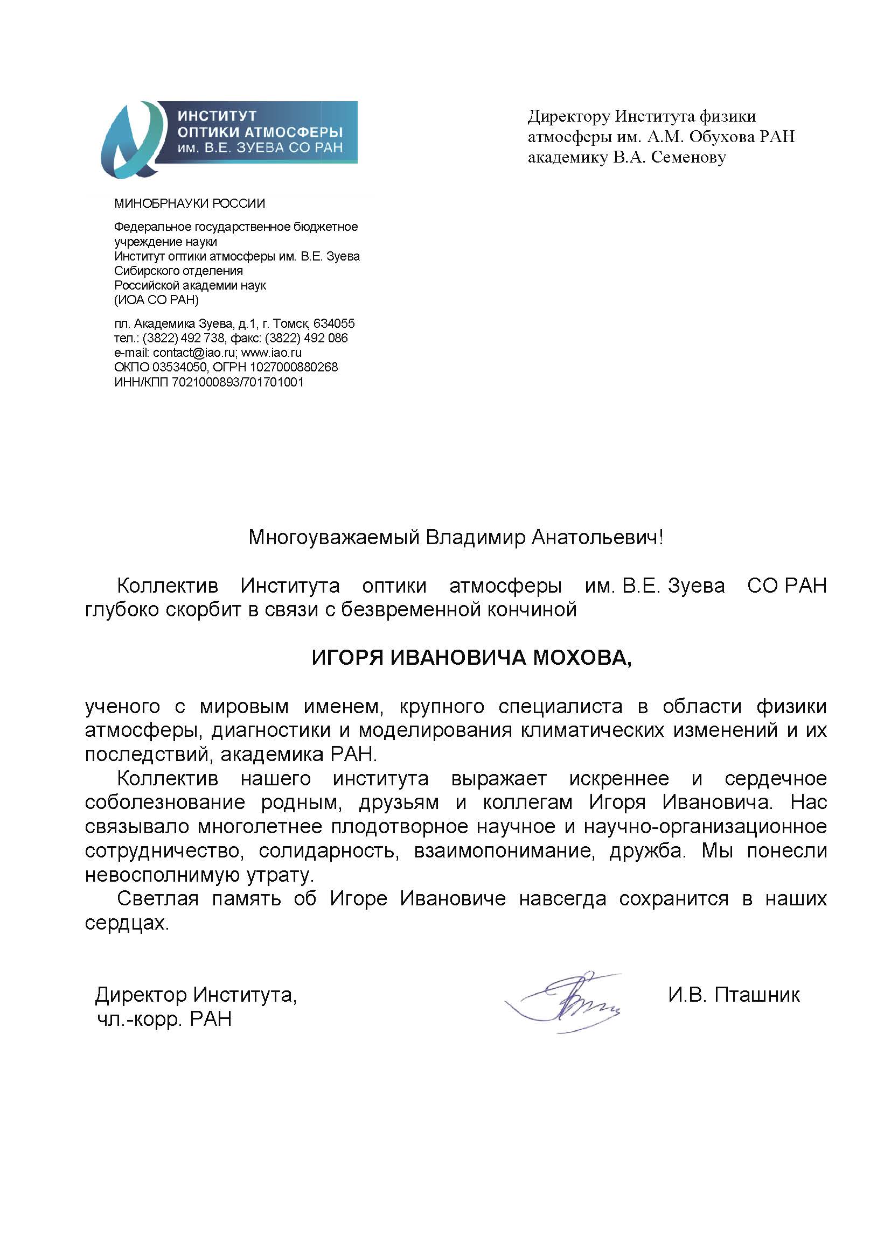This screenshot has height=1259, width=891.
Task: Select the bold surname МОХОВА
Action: pos(582,657)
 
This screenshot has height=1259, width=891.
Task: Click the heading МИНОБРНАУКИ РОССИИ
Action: pos(189,204)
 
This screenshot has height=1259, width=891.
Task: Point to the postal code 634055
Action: pos(333,323)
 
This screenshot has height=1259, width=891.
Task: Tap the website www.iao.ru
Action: pos(271,353)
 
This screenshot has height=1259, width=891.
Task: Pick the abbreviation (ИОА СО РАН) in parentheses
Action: pos(156,300)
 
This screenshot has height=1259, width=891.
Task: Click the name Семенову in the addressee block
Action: pos(688,158)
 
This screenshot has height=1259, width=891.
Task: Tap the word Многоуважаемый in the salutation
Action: pos(333,537)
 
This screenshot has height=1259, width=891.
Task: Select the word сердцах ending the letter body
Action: pos(126,923)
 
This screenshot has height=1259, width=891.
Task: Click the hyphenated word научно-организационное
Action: pos(705,826)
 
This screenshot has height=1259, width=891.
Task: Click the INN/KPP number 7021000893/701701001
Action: pos(238,382)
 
